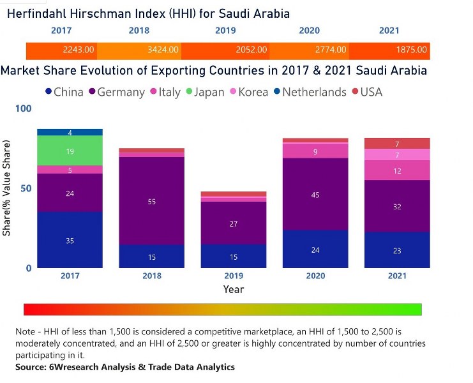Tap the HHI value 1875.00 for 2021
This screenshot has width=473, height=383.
pos(415,49)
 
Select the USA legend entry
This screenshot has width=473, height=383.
pos(371,92)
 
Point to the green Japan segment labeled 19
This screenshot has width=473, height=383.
pos(70,151)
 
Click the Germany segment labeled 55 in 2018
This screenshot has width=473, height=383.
pos(152,201)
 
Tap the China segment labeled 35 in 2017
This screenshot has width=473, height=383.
pos(70,240)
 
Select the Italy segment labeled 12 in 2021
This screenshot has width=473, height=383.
pos(397,170)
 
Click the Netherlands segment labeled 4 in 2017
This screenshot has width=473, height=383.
pos(70,132)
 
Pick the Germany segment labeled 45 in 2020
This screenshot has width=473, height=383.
pos(315,195)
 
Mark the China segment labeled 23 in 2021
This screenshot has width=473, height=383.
pos(397,250)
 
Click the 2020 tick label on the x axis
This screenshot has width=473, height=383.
pos(315,276)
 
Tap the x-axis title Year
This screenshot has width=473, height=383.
pos(234,289)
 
